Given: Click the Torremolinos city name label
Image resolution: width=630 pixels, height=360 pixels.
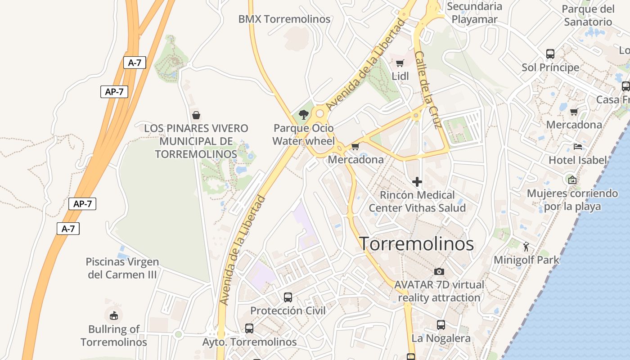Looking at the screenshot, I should (x=416, y=243).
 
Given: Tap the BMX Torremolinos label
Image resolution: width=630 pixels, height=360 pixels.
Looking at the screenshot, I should (x=284, y=19).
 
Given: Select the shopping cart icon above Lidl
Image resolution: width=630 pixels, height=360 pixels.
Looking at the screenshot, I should (x=400, y=63).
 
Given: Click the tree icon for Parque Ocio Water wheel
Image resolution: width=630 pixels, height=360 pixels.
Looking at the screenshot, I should (x=304, y=115).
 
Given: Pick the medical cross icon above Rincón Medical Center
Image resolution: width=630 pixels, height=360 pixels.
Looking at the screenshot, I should (x=417, y=182).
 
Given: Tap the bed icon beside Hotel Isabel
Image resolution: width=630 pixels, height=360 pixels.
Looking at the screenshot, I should (x=578, y=146).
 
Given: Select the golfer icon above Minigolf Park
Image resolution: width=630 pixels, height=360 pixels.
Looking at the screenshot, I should (x=526, y=247).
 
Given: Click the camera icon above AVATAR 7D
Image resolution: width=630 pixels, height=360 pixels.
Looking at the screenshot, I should (x=439, y=271).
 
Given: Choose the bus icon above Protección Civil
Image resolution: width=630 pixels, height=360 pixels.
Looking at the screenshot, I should (x=288, y=297).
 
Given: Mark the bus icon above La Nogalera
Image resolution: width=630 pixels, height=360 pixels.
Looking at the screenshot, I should (x=441, y=325).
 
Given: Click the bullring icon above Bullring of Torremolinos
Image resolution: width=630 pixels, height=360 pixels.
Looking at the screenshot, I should (x=113, y=315).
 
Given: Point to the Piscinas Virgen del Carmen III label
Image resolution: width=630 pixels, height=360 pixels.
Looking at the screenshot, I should (x=122, y=268).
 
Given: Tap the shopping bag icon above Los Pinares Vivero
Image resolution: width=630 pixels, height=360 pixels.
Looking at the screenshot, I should (x=196, y=115).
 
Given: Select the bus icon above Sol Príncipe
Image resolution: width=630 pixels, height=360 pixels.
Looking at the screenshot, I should (x=550, y=54).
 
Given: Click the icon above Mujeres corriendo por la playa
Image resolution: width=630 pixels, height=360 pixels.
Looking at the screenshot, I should (x=572, y=180).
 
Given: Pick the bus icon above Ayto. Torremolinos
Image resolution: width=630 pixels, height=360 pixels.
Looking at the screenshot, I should (x=249, y=328).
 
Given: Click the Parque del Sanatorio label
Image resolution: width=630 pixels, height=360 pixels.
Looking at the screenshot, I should (x=588, y=15).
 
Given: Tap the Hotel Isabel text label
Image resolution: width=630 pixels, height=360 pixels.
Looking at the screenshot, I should (x=578, y=160).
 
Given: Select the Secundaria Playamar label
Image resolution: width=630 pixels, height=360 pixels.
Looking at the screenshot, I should (x=474, y=13).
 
